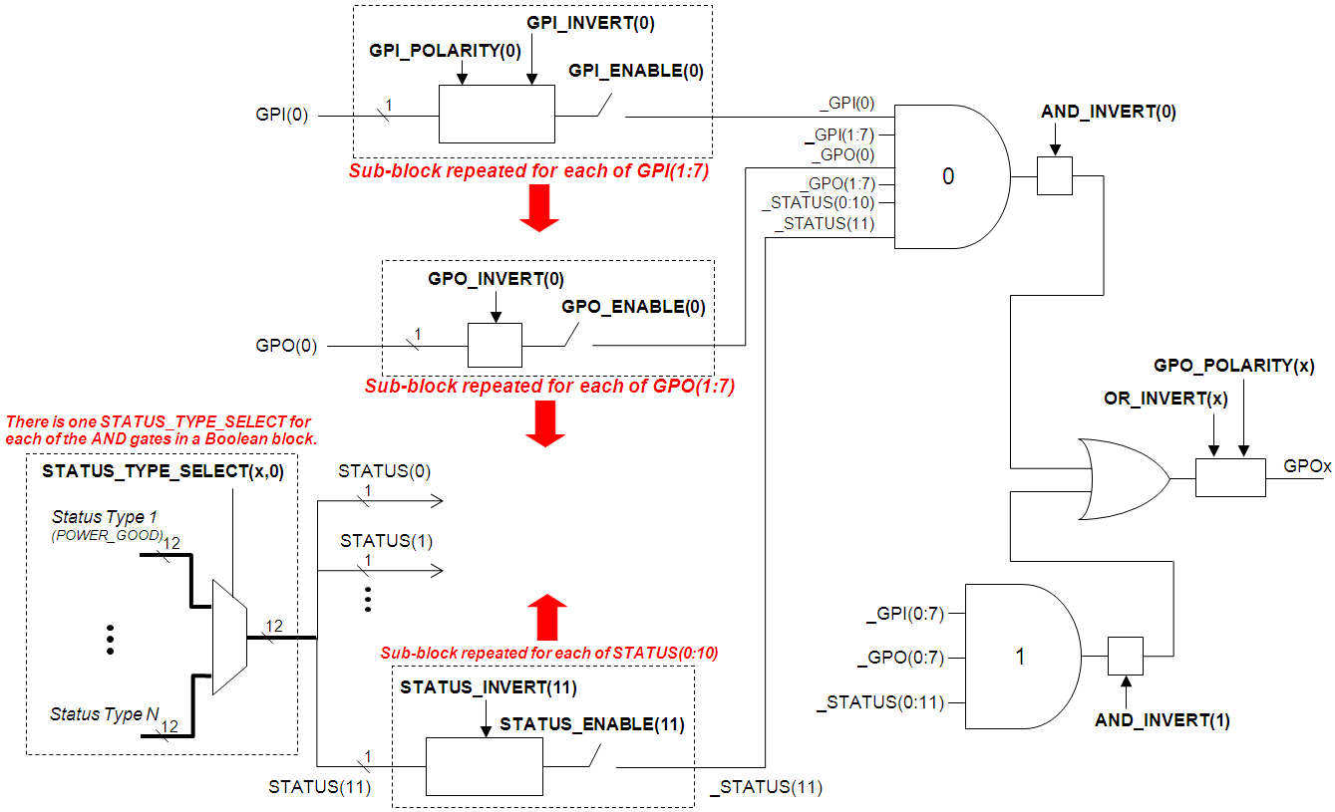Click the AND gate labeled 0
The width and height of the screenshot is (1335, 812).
pyautogui.click(x=948, y=176)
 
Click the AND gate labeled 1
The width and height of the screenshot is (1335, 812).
pyautogui.click(x=1020, y=658)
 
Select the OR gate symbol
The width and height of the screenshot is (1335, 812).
pyautogui.click(x=1122, y=478)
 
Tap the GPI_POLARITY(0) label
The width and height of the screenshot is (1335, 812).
pyautogui.click(x=445, y=51)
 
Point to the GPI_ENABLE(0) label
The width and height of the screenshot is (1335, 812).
pyautogui.click(x=636, y=71)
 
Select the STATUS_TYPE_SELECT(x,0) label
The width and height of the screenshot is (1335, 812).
pyautogui.click(x=163, y=472)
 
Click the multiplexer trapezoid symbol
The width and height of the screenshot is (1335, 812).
pyautogui.click(x=229, y=637)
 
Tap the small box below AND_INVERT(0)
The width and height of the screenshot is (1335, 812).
pyautogui.click(x=1054, y=176)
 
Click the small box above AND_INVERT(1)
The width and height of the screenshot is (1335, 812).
pyautogui.click(x=1125, y=657)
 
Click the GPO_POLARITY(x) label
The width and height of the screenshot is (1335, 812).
pyautogui.click(x=1233, y=366)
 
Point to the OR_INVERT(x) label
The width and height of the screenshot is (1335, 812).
pyautogui.click(x=1165, y=399)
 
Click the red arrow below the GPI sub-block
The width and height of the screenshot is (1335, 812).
pyautogui.click(x=539, y=209)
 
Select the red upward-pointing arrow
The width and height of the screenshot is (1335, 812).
pyautogui.click(x=546, y=617)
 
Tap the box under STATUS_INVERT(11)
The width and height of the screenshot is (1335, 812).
pyautogui.click(x=484, y=767)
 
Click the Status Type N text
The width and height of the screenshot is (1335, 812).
pyautogui.click(x=104, y=714)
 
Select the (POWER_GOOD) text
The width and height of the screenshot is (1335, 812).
pyautogui.click(x=107, y=535)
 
